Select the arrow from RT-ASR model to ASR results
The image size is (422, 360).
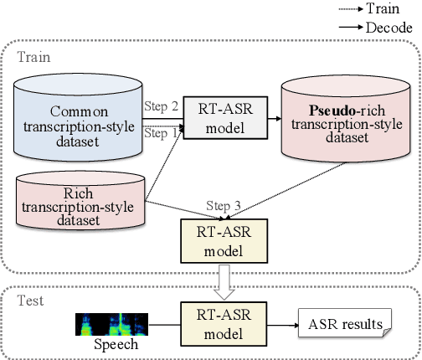[269, 321]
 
